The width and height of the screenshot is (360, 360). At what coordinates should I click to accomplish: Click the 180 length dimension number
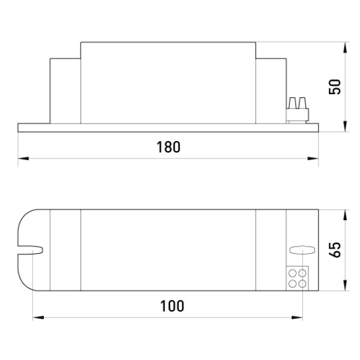168,147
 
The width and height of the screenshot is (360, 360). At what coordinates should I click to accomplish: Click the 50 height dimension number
335,86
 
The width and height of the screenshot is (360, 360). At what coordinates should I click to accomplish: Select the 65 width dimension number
335,250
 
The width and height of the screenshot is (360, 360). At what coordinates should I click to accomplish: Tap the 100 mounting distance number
172,306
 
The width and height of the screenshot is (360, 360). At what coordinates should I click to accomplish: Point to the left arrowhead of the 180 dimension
23,158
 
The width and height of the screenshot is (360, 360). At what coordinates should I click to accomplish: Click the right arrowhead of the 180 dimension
313,158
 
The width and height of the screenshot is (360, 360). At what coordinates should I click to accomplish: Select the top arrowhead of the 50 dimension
345,47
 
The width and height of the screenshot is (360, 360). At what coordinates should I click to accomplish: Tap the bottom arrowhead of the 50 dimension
345,127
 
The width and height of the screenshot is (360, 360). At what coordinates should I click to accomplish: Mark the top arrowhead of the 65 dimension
345,215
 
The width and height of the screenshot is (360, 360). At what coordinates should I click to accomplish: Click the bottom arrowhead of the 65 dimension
345,286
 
